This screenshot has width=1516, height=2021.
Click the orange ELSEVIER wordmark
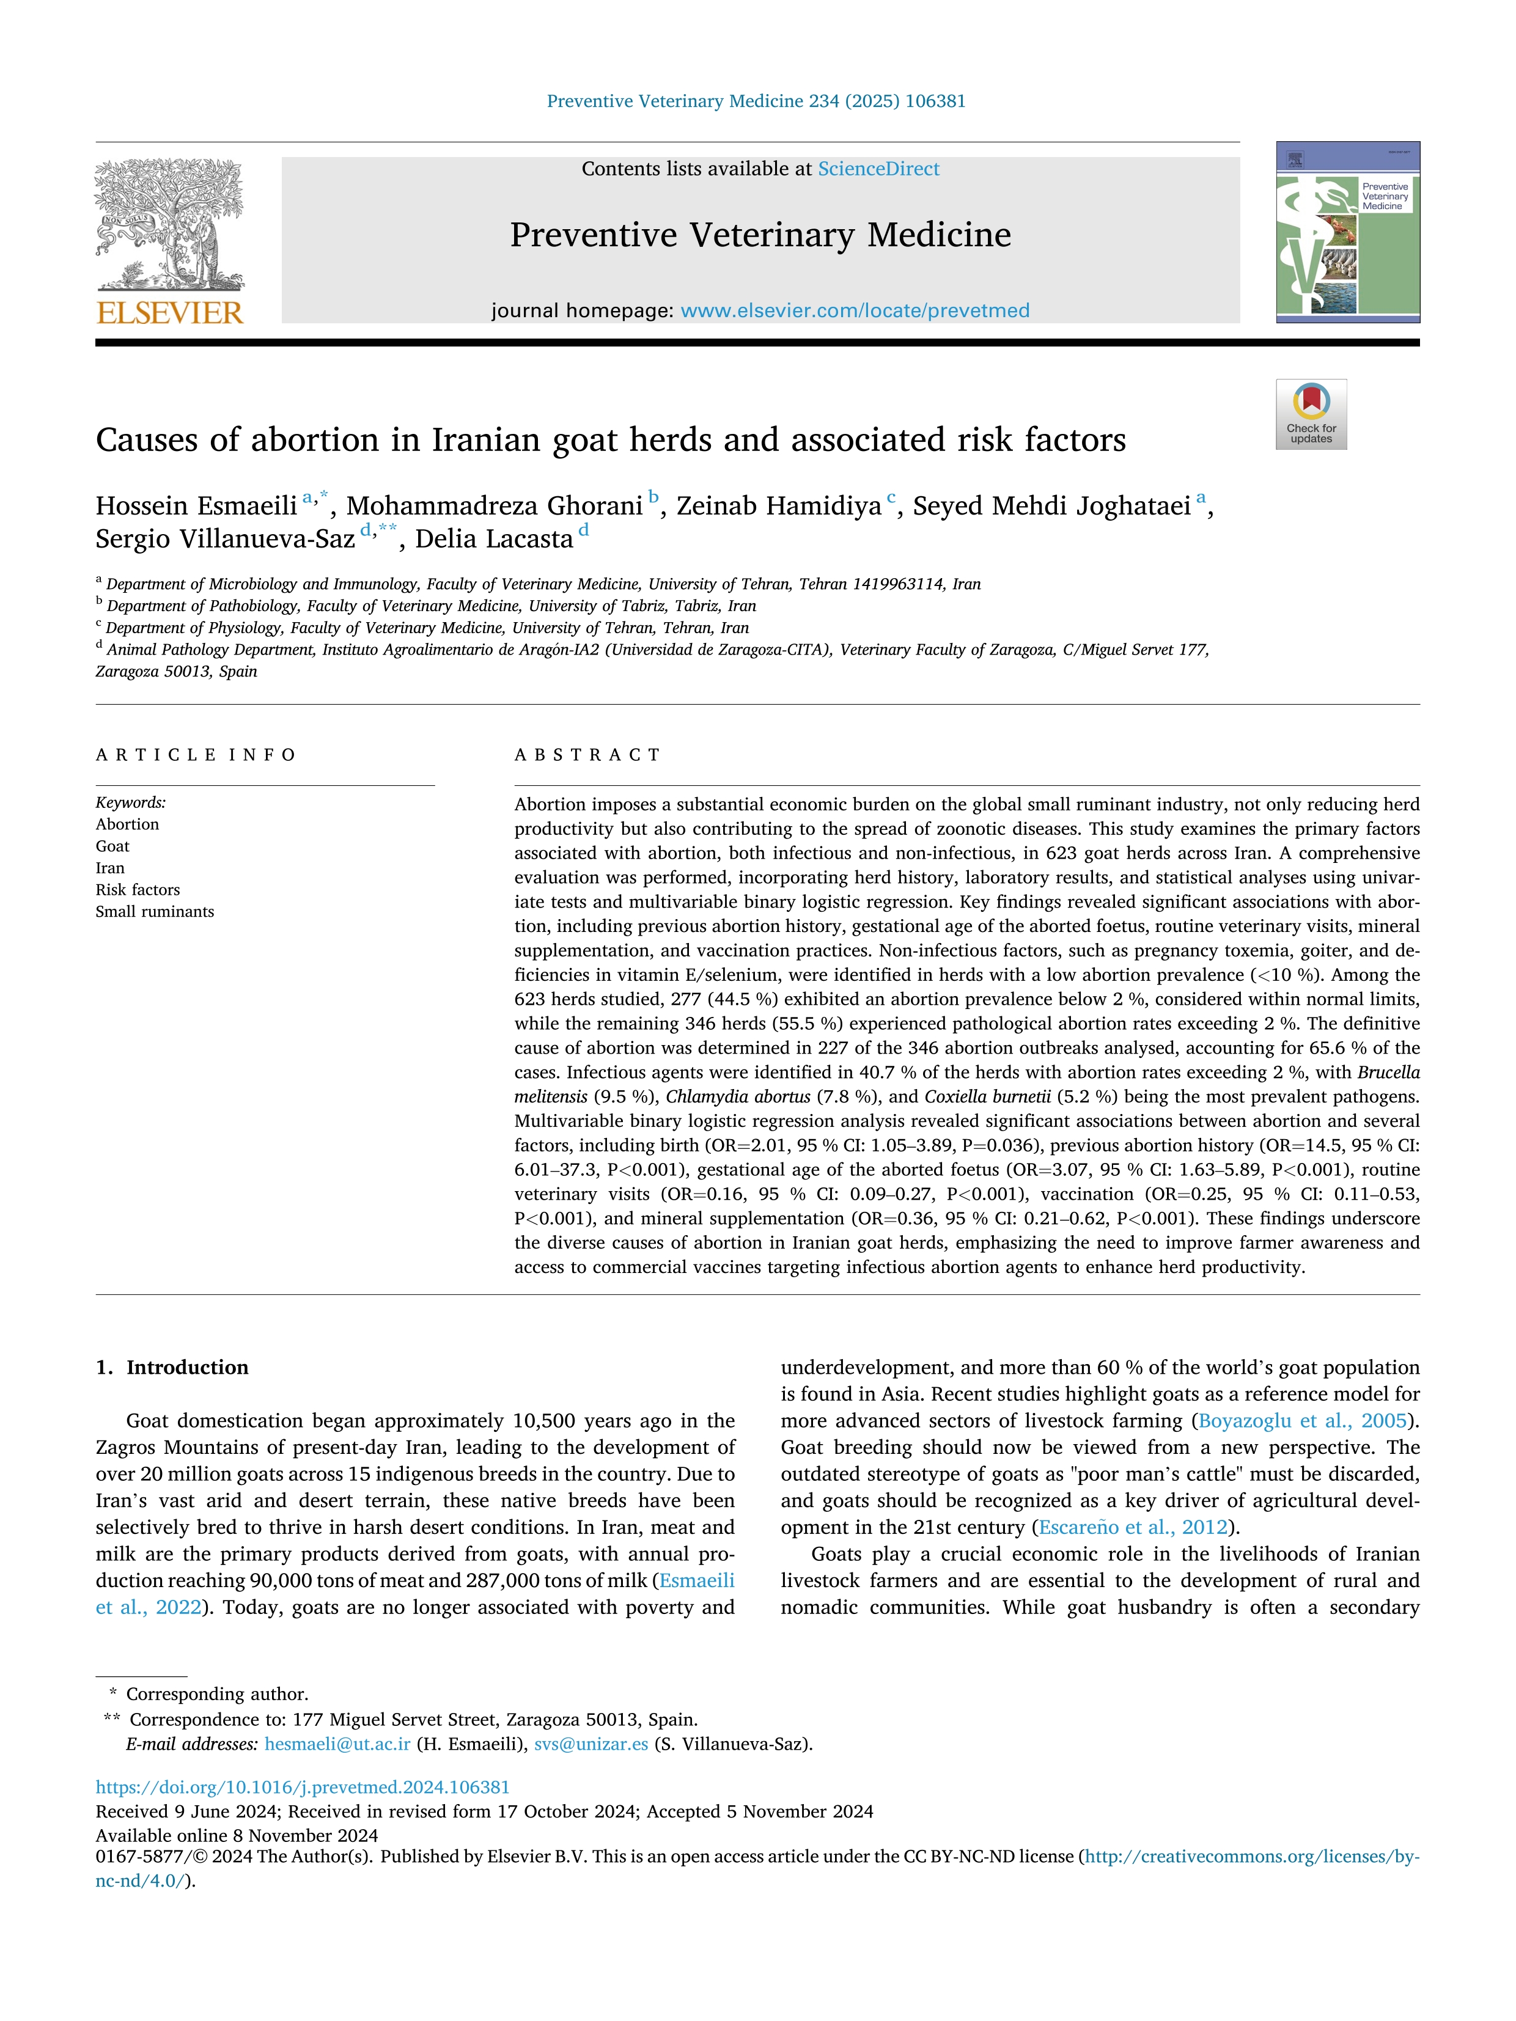(x=170, y=314)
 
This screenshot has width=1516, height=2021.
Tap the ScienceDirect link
(x=878, y=169)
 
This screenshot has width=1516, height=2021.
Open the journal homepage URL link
(x=855, y=310)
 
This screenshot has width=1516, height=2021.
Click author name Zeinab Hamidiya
(x=779, y=506)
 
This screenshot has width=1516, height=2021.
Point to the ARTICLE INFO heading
(x=196, y=755)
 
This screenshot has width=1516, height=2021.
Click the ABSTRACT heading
(x=587, y=755)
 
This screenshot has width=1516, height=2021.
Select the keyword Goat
(x=113, y=846)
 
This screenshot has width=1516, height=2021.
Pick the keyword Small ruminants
(x=155, y=912)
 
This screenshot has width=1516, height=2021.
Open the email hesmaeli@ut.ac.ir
(x=337, y=1744)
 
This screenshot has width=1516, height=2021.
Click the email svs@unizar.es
(x=591, y=1744)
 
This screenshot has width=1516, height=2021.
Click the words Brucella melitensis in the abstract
(x=1388, y=1073)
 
